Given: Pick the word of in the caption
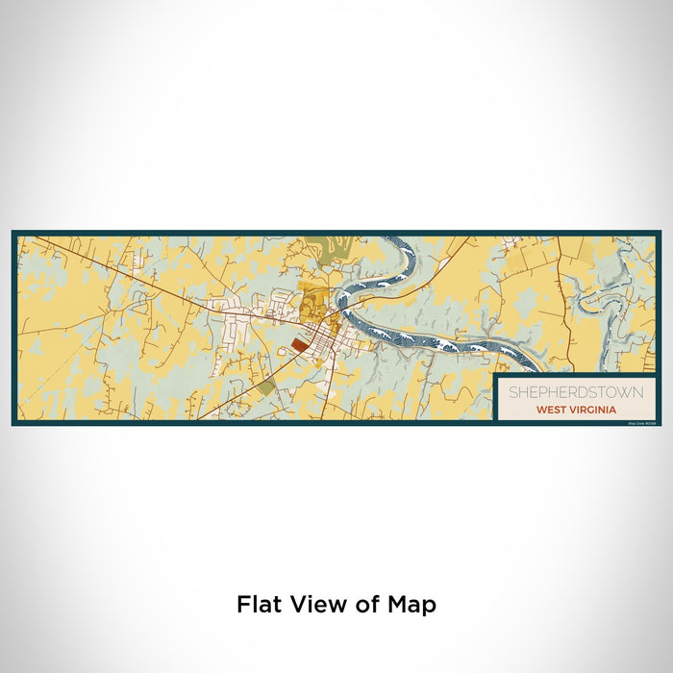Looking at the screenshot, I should click(362, 605).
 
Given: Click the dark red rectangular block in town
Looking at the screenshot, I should click(301, 343).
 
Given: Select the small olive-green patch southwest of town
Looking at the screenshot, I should click(265, 386).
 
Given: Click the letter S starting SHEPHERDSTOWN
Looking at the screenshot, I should click(512, 392).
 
